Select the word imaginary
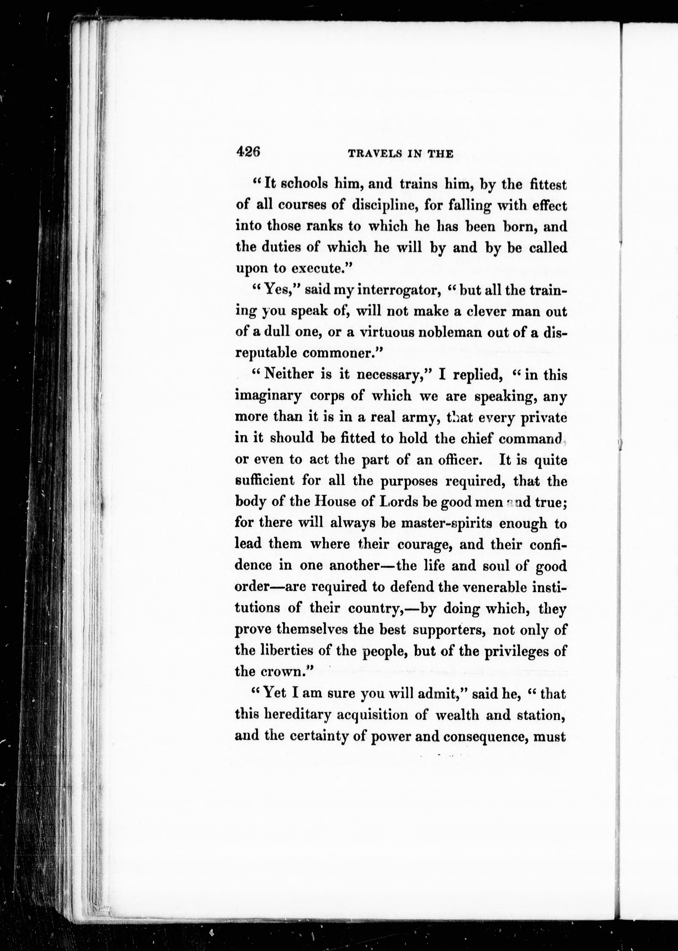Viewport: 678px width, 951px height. pyautogui.click(x=268, y=396)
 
